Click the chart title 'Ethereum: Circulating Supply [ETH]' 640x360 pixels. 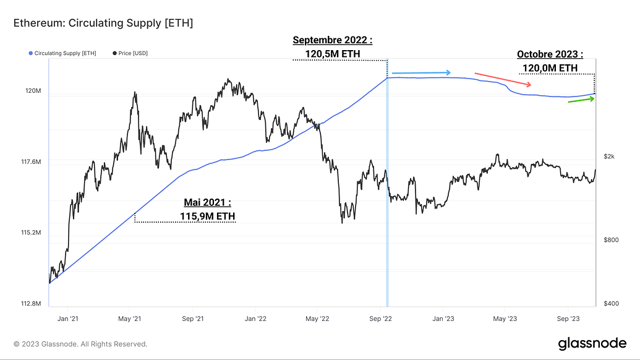pos(103,24)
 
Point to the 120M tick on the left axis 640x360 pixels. pos(33,91)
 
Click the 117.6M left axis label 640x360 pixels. pos(31,162)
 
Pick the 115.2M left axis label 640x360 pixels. pos(31,233)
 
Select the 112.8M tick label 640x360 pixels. pos(31,304)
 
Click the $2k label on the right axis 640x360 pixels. pos(609,156)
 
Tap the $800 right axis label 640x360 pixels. pos(610,239)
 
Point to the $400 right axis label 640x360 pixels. pos(610,303)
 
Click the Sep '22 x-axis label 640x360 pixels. pos(380,319)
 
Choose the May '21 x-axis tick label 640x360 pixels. pos(130,319)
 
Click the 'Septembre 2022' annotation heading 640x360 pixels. pos(333,41)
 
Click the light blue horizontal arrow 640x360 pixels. pos(421,72)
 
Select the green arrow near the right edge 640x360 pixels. pos(581,100)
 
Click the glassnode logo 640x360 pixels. pos(592,343)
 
